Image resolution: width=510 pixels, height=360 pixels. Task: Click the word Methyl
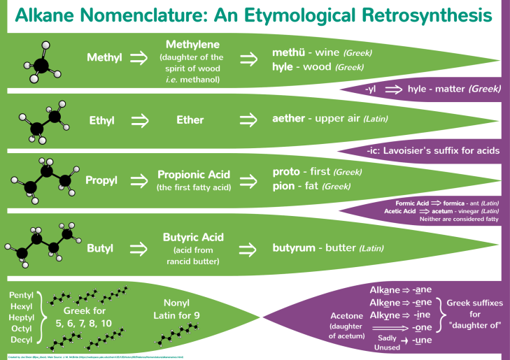click(104, 57)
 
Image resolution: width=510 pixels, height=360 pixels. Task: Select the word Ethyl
click(101, 120)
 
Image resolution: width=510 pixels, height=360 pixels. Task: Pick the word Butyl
click(101, 247)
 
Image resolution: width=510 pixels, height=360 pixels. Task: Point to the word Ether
click(190, 120)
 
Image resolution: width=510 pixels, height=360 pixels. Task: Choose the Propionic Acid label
click(194, 175)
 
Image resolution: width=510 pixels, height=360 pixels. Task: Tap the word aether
click(288, 120)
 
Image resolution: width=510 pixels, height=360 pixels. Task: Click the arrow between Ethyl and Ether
click(140, 120)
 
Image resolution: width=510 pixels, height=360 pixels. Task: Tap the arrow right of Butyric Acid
click(249, 247)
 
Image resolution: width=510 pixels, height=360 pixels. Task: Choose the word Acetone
click(346, 315)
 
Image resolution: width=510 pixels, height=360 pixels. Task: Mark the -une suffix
click(423, 340)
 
